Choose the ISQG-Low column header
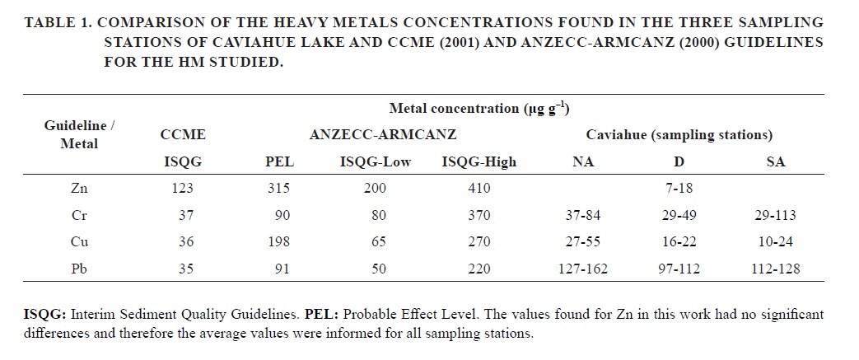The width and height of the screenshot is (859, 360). (376, 162)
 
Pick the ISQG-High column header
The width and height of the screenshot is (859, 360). (479, 162)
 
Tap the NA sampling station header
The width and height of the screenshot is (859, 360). (583, 162)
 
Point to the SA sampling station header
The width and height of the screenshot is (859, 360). (775, 162)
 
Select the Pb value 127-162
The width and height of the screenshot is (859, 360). (583, 269)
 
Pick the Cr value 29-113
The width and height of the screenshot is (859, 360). (775, 216)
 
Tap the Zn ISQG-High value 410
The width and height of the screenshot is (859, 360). (478, 189)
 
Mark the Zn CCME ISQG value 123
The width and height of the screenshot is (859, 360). (183, 189)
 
